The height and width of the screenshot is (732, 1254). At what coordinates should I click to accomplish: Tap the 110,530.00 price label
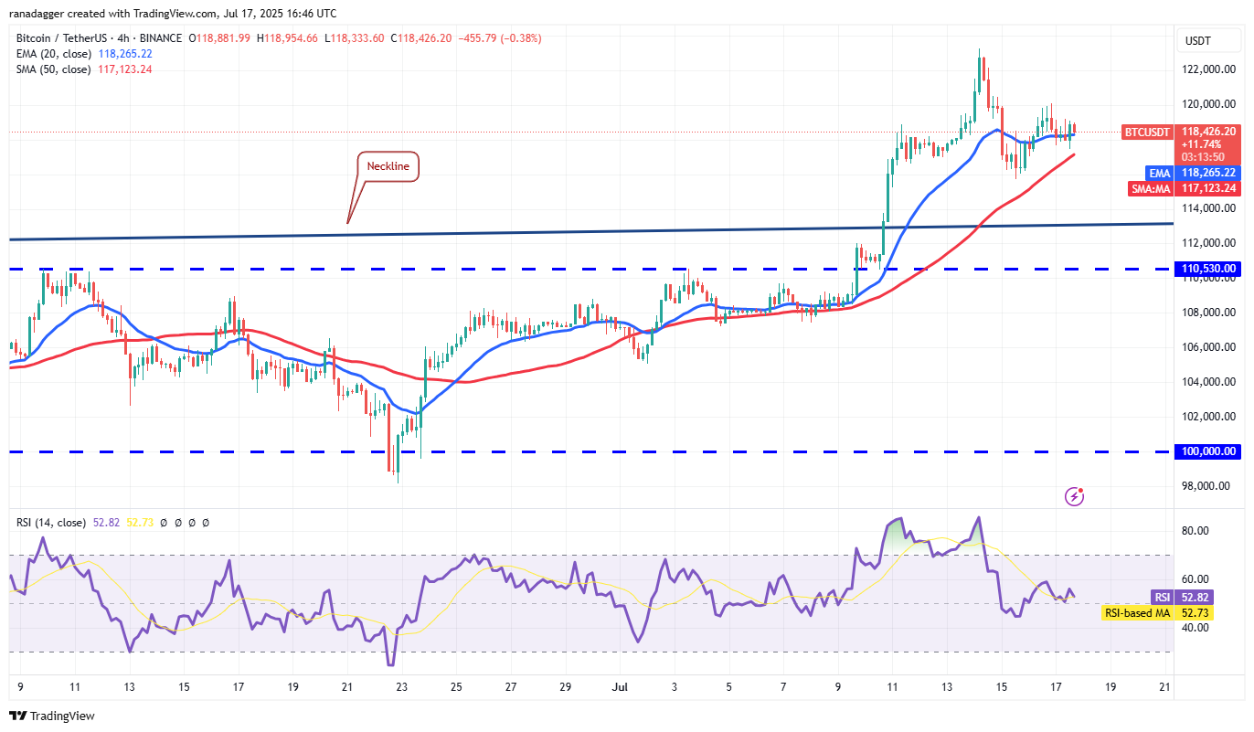1208,269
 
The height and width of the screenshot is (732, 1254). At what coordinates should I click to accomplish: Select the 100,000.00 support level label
1208,451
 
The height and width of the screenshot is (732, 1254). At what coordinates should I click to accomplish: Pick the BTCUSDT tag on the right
1145,132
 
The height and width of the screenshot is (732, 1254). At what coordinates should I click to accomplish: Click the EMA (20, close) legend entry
53,54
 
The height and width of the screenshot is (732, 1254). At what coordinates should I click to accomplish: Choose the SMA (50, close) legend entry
53,69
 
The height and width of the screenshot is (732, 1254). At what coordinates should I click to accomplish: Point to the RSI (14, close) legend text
51,523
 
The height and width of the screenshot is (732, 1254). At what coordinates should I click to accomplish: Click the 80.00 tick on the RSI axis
1196,531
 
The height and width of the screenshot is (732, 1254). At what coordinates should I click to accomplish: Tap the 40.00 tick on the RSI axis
1196,628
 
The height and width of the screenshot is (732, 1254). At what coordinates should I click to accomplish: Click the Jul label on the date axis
620,685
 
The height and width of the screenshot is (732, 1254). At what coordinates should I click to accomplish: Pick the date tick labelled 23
402,685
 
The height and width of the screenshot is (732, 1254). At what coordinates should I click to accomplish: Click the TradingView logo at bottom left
52,716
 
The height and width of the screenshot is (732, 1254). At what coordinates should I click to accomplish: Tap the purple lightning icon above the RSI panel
1075,496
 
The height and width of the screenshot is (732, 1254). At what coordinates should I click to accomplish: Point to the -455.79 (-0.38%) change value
500,38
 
